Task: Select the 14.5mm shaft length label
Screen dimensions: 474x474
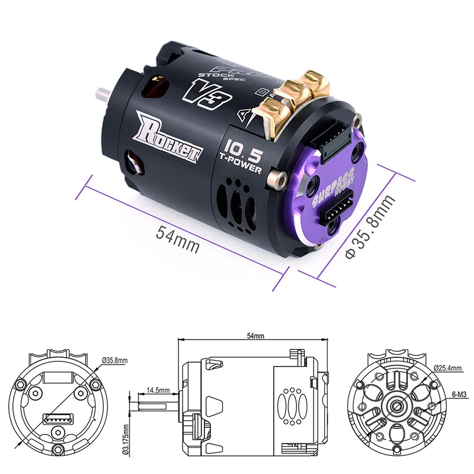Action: coord(158,391)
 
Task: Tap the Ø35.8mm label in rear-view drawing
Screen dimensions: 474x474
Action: coord(115,361)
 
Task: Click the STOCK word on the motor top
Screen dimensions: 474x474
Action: coord(209,74)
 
